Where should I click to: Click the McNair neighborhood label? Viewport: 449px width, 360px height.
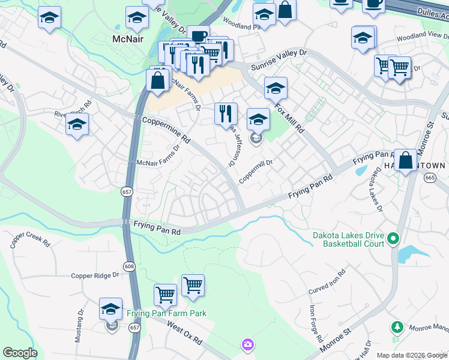coord(127,38)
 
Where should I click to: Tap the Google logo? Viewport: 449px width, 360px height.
coord(20,353)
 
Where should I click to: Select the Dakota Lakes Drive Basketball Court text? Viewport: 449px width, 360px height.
coord(348,239)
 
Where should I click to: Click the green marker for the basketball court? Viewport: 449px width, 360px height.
coord(393,239)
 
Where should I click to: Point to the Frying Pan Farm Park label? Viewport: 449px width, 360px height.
coord(166,313)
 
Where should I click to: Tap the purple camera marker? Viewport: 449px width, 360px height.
coord(247,344)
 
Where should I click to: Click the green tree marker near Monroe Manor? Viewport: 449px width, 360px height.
coord(396,327)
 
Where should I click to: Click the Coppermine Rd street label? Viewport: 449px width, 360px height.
coord(166,130)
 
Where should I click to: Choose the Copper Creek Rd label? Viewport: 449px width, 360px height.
coord(29,241)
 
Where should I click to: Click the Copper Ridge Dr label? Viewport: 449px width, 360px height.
coord(95,275)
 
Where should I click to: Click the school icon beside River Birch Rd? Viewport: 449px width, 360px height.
coord(77,125)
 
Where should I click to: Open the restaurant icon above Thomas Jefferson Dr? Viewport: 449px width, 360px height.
coord(226,113)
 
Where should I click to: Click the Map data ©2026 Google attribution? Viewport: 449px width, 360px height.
coord(412,355)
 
